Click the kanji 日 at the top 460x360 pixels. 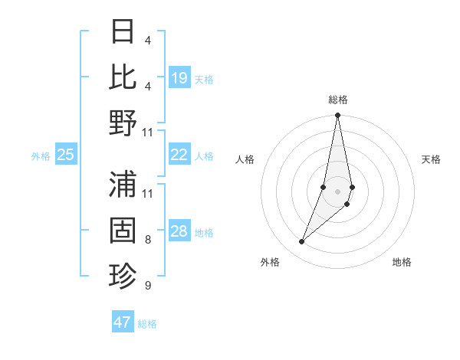(x=123, y=32)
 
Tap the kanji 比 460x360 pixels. (x=123, y=77)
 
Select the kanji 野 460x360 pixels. (x=123, y=123)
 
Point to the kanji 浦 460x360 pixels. (x=123, y=184)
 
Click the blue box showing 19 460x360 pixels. (x=179, y=77)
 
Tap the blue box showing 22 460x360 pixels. (x=179, y=155)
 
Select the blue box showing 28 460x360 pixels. (x=179, y=232)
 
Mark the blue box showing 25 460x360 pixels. (x=65, y=155)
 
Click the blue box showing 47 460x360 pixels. (x=123, y=322)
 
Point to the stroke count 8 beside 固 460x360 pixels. (x=148, y=240)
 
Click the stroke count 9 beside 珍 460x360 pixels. (x=148, y=286)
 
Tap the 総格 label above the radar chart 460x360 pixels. (x=337, y=100)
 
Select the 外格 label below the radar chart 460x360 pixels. (x=270, y=263)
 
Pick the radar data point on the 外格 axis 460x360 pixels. (x=302, y=242)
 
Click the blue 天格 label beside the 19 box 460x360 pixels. (x=204, y=79)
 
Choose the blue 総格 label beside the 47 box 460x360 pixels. (x=147, y=324)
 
